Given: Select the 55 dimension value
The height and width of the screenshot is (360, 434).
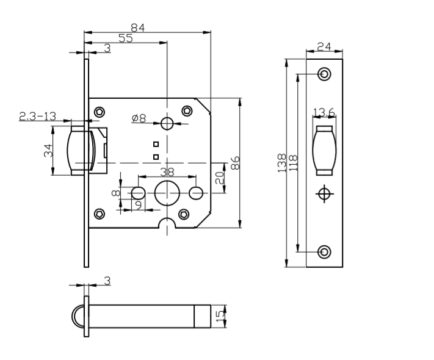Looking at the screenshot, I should pos(125,38).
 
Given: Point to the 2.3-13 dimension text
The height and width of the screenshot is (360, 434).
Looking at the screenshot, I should pos(38,116).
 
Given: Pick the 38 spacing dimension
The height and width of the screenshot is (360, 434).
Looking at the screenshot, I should pos(167,172).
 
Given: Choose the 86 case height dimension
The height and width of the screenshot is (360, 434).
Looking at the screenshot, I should pos(235,162).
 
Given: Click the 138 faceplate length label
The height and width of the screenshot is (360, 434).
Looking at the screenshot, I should pos(282,162).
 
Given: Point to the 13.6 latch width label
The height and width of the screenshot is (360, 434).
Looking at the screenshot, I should pos(324,112).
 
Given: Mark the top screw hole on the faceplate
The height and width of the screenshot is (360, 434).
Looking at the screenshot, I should pos(325,74).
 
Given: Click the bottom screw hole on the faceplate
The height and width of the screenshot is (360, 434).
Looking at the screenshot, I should pos(325,251).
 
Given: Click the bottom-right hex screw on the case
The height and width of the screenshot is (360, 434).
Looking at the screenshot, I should pos(184,214).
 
